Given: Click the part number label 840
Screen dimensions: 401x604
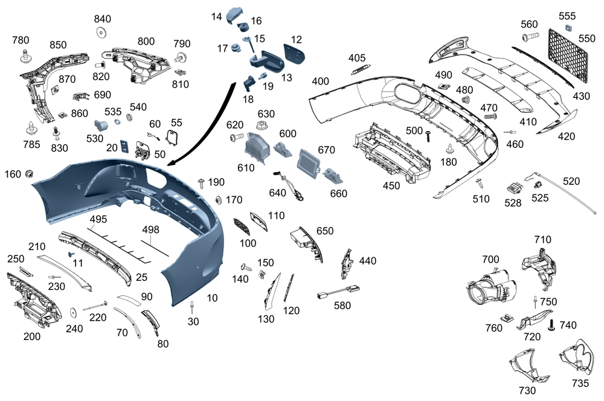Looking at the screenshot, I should tap(103, 19).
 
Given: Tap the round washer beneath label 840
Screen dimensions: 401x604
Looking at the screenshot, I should tap(102, 31).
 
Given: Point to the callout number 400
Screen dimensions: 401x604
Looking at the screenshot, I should tap(320, 82).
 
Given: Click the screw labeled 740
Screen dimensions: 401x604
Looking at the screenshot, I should tap(551, 327).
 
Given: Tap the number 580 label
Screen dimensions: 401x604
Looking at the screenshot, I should tap(341, 306).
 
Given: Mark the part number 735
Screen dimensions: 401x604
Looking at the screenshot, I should tap(580, 383).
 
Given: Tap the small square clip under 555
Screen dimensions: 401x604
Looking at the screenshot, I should tap(567, 28).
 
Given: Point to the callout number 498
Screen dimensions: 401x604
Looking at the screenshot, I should tap(152, 230).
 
